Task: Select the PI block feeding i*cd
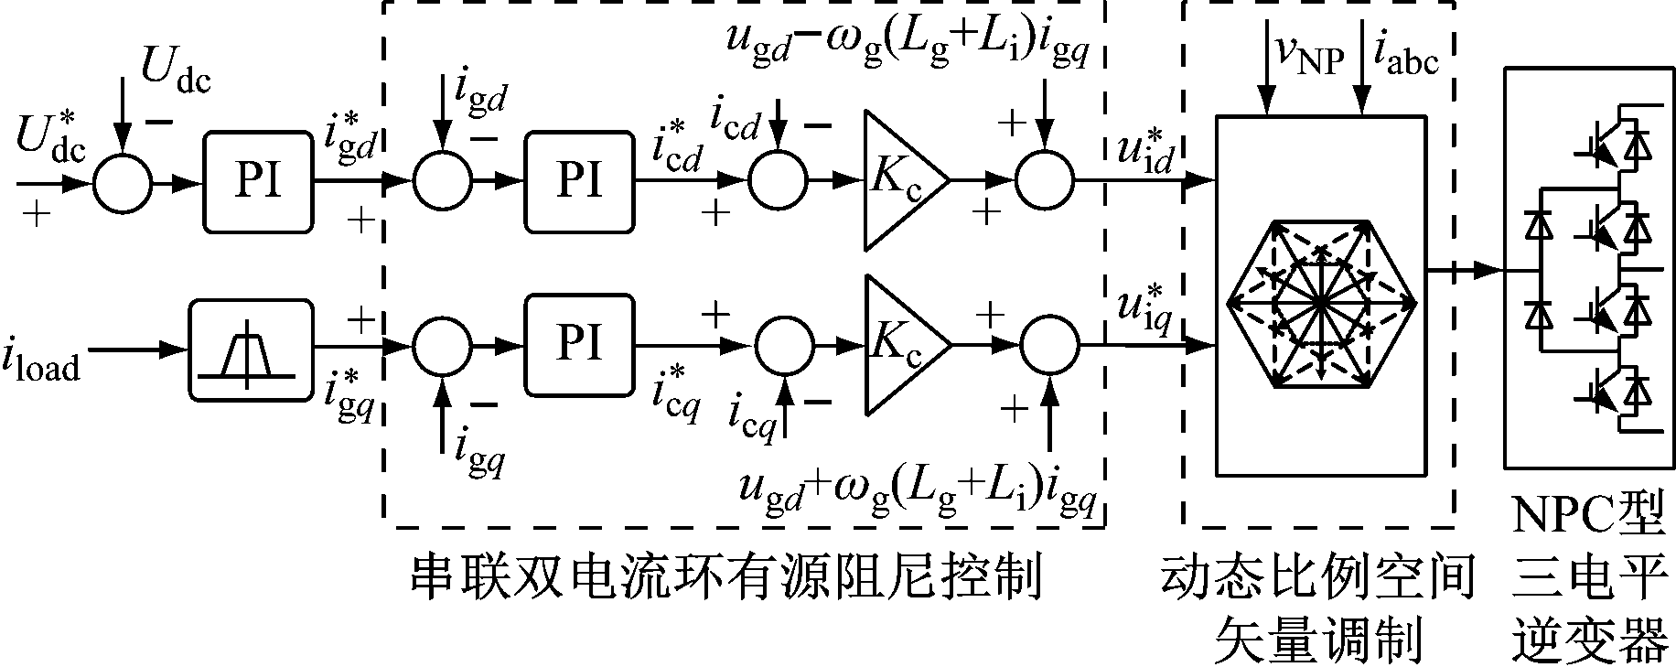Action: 578,181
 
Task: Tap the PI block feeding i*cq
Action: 578,345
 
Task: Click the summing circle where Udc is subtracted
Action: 122,182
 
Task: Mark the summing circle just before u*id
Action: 1045,181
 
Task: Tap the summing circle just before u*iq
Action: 1049,346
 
